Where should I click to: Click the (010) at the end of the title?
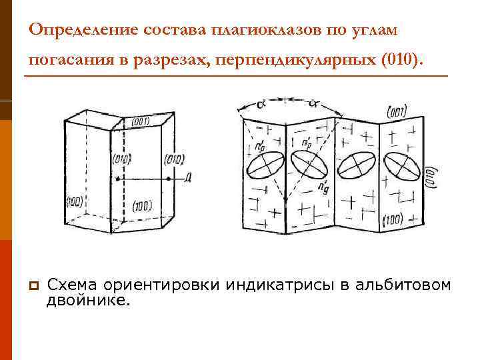tap(400, 62)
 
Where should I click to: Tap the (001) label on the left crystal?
tap(141, 121)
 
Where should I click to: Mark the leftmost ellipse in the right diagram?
tap(265, 164)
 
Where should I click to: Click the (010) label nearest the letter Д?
tap(173, 159)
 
